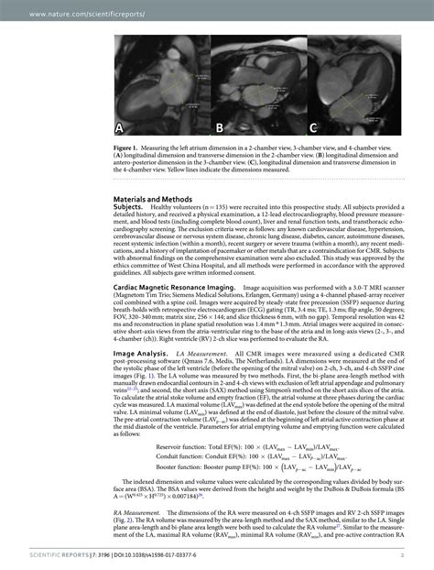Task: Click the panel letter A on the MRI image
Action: click(121, 126)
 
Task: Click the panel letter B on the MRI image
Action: click(220, 127)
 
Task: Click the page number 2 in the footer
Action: click(402, 554)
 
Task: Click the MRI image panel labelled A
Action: click(161, 84)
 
